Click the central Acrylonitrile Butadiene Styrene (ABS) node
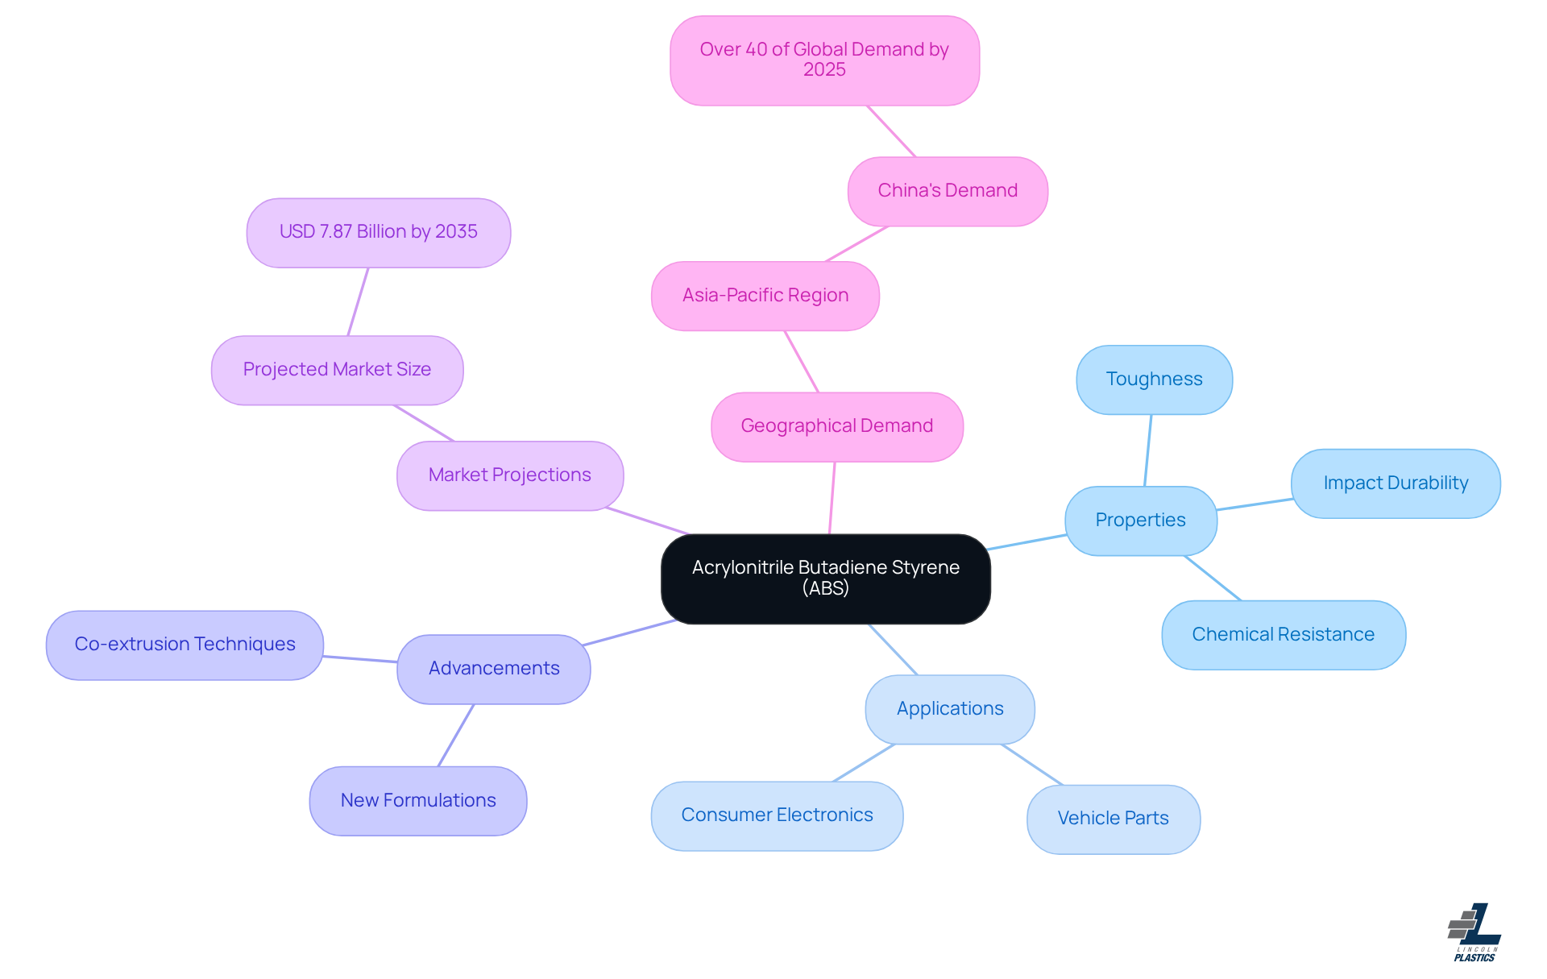tap(825, 578)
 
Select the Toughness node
tap(1154, 380)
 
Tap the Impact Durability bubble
tap(1395, 483)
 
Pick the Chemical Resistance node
tap(1283, 635)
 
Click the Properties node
tap(1140, 521)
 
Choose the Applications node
tap(949, 709)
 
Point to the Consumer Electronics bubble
tap(777, 815)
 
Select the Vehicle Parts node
tap(1113, 819)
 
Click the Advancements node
tap(493, 669)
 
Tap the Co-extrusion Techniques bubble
tap(185, 645)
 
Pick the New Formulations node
tap(417, 801)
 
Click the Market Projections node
tap(509, 475)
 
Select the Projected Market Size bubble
tap(337, 370)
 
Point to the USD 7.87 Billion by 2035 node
tap(378, 232)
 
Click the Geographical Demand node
tap(836, 426)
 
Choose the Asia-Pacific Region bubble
tap(765, 296)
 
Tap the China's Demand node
tap(947, 191)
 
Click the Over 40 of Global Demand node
tap(824, 60)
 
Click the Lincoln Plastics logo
tap(1474, 931)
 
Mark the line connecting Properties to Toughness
tap(1147, 450)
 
